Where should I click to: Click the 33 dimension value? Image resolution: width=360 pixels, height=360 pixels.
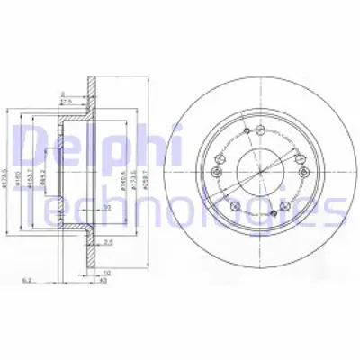pyautogui.click(x=106, y=208)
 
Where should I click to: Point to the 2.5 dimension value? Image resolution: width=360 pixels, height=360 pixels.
pyautogui.click(x=108, y=242)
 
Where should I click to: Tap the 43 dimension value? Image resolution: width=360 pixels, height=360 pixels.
pyautogui.click(x=105, y=279)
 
